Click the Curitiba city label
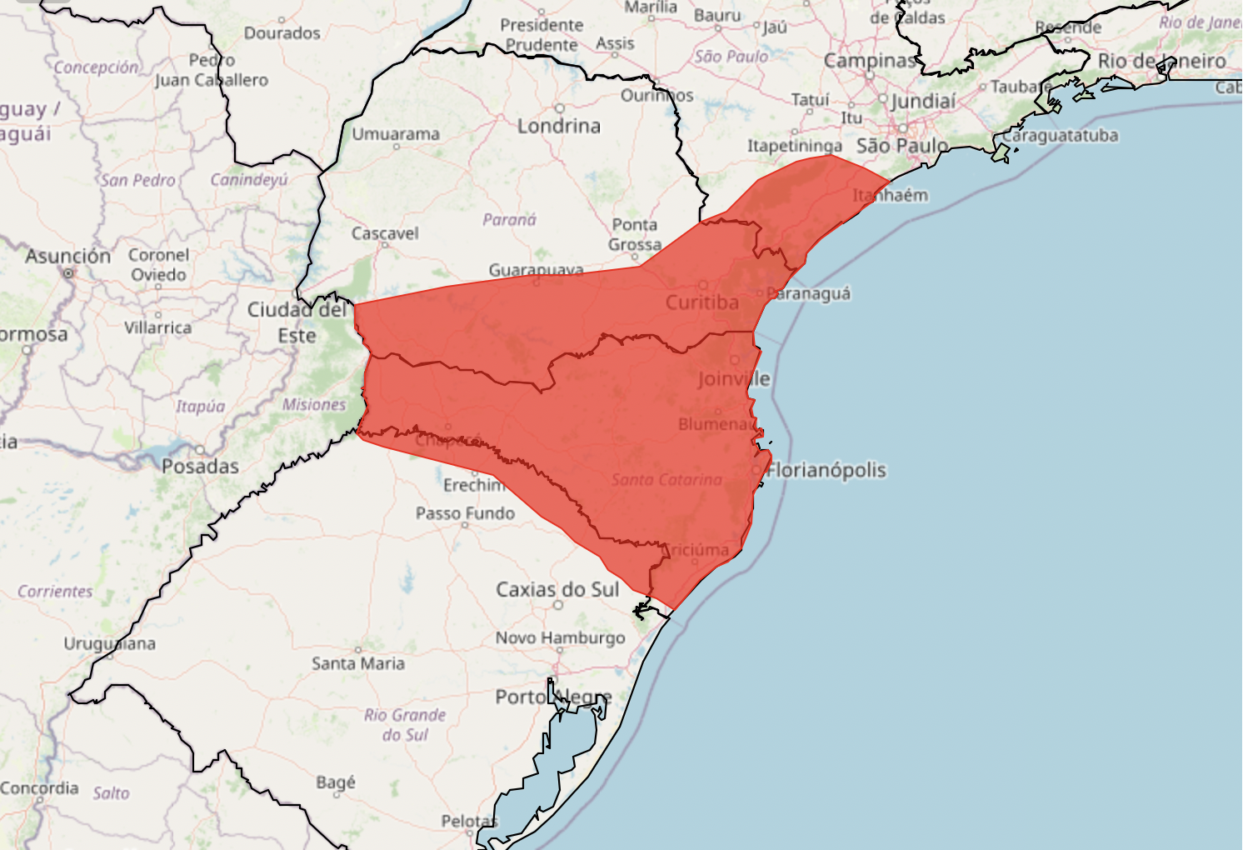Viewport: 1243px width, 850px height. click(x=701, y=302)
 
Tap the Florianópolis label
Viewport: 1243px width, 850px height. click(x=826, y=471)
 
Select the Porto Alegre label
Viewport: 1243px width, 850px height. click(x=553, y=697)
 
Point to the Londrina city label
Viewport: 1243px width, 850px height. click(x=558, y=126)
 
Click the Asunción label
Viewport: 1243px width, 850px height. click(x=67, y=256)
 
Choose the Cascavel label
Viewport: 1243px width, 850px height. click(x=385, y=233)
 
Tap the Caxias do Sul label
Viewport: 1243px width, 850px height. click(x=557, y=590)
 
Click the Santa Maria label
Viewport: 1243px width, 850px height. click(x=358, y=663)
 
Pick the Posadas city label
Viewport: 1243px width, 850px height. click(x=200, y=467)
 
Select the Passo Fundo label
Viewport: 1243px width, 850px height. click(x=465, y=513)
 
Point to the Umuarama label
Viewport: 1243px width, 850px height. click(x=395, y=134)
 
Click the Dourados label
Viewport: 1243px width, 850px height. click(x=282, y=33)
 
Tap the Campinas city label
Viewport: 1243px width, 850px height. click(x=869, y=61)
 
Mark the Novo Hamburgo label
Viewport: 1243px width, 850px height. click(x=560, y=638)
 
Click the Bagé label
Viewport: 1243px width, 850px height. click(x=336, y=782)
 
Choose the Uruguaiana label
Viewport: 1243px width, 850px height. click(x=109, y=643)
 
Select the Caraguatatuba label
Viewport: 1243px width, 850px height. click(x=1060, y=135)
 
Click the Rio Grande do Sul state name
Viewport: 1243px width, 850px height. click(x=405, y=725)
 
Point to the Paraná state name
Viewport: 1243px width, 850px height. click(x=509, y=220)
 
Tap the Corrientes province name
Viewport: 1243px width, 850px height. click(x=55, y=592)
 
